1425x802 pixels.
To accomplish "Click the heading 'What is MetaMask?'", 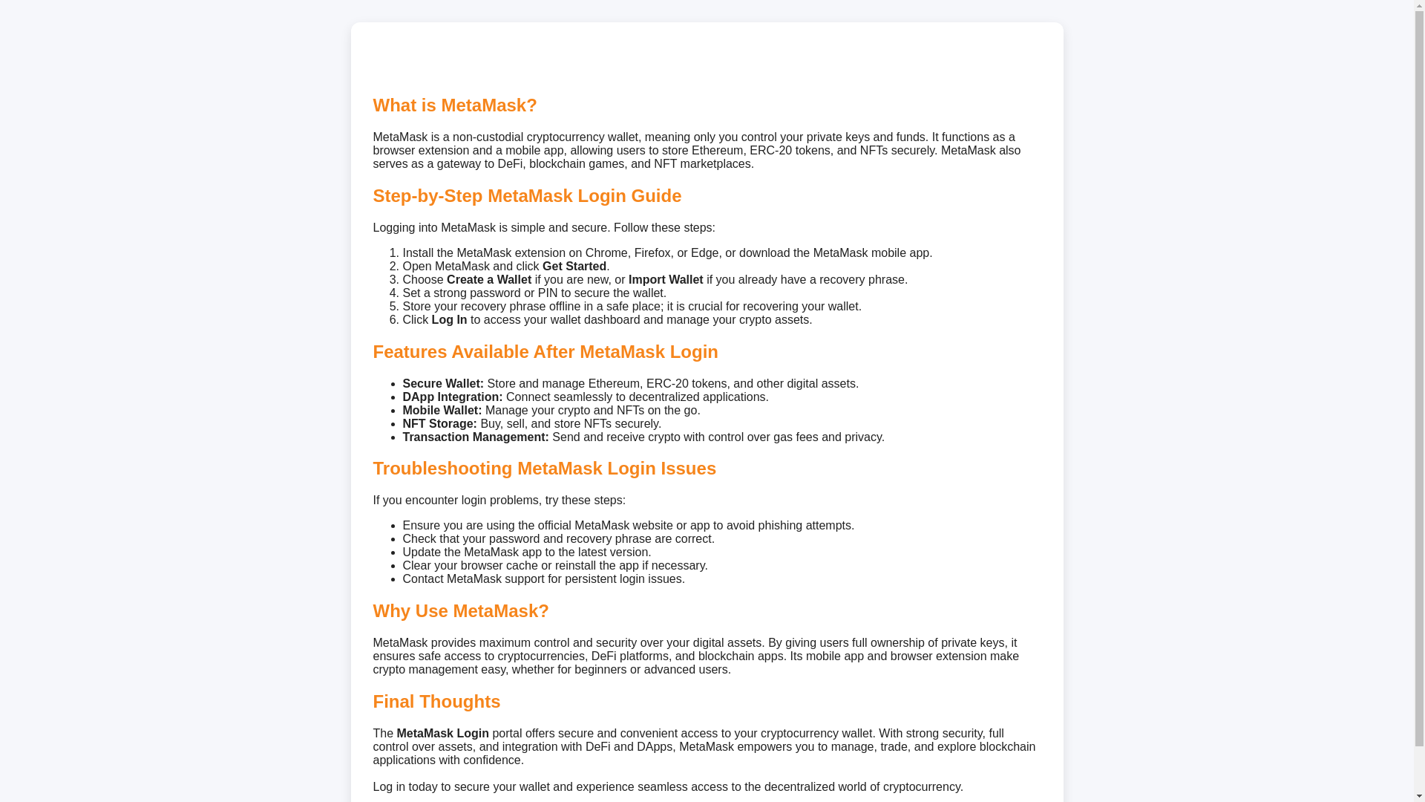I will [x=454, y=105].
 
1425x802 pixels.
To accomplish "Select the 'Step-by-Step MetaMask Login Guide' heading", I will [x=526, y=196].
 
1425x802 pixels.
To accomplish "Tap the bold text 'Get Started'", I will [x=574, y=267].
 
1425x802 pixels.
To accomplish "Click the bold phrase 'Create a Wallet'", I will [x=488, y=280].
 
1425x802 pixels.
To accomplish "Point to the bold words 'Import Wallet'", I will [x=665, y=280].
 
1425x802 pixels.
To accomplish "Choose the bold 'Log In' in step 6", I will [x=449, y=320].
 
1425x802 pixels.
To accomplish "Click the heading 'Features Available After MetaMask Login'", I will [x=545, y=352].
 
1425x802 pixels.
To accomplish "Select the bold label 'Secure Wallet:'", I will [x=442, y=384].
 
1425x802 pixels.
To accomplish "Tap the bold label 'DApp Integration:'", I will [x=452, y=397].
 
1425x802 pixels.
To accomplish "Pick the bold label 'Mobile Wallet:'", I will [x=442, y=411].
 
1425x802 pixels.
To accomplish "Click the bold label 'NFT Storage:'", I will [x=439, y=424].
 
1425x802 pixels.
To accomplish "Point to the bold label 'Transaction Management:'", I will [x=475, y=437].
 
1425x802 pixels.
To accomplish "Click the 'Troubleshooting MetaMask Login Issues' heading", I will [x=543, y=469].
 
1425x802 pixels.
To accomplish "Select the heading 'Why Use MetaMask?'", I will [x=460, y=611].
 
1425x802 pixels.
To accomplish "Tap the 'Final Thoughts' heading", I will [x=436, y=702].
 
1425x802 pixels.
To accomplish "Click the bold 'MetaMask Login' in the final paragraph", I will [x=442, y=734].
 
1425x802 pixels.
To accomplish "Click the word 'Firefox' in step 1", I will [x=652, y=253].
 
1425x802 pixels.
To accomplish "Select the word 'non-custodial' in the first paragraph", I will [x=488, y=137].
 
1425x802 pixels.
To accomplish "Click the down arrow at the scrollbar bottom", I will [x=1419, y=796].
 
